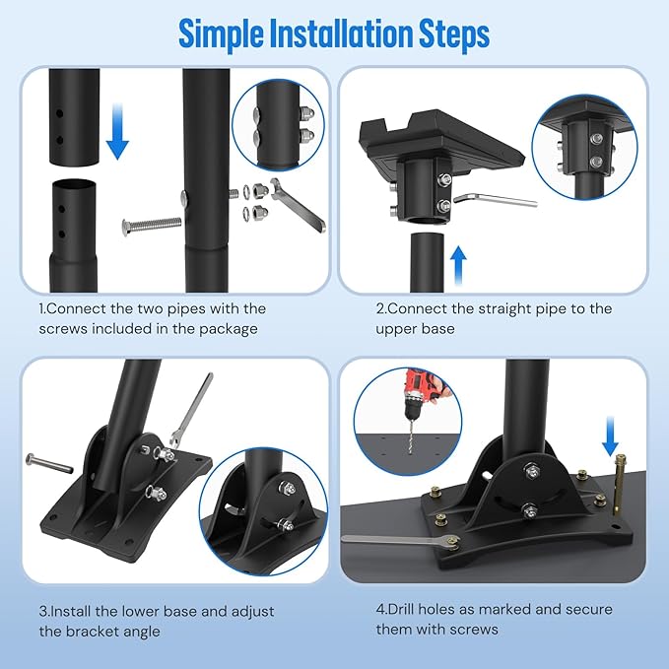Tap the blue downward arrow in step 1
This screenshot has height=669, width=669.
tap(117, 134)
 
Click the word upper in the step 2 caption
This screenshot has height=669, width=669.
tap(398, 329)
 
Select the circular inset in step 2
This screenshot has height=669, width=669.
tap(584, 142)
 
